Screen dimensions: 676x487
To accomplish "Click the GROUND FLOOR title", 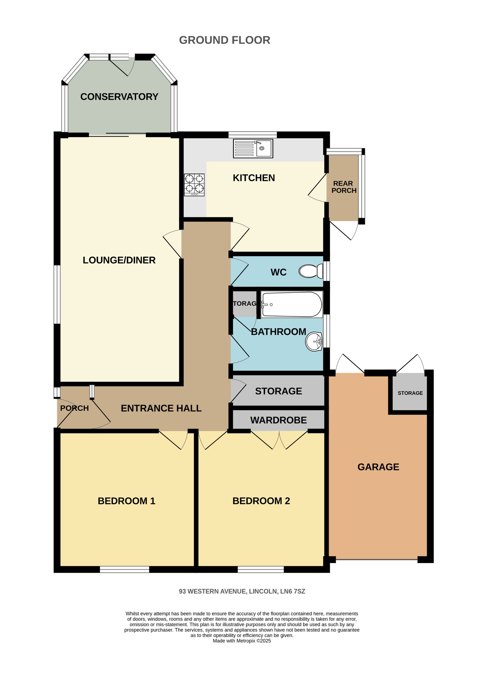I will pyautogui.click(x=224, y=40).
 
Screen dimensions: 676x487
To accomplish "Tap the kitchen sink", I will pyautogui.click(x=253, y=148).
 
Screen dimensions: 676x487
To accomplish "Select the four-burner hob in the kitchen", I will pyautogui.click(x=194, y=185).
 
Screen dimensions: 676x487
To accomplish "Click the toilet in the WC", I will pyautogui.click(x=311, y=271).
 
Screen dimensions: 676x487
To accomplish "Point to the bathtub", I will pyautogui.click(x=292, y=304).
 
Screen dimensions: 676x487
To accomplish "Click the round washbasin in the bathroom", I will pyautogui.click(x=314, y=341).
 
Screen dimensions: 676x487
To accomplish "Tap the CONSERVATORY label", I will pyautogui.click(x=119, y=97).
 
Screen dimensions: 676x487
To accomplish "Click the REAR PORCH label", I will pyautogui.click(x=343, y=187).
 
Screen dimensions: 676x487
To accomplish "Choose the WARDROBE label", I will pyautogui.click(x=278, y=420).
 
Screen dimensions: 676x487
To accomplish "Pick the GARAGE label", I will pyautogui.click(x=378, y=467).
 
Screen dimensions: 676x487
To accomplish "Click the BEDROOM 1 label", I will pyautogui.click(x=126, y=501).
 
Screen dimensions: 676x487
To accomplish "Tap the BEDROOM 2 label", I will pyautogui.click(x=261, y=501).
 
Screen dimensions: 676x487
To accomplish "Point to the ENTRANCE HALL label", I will pyautogui.click(x=161, y=408).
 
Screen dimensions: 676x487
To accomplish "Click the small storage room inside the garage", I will pyautogui.click(x=410, y=393).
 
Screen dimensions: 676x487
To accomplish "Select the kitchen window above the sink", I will pyautogui.click(x=252, y=134).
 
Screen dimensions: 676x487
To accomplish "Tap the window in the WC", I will pyautogui.click(x=326, y=271).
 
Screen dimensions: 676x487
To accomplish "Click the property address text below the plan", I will pyautogui.click(x=242, y=591).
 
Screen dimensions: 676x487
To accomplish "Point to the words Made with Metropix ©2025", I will pyautogui.click(x=241, y=641).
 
